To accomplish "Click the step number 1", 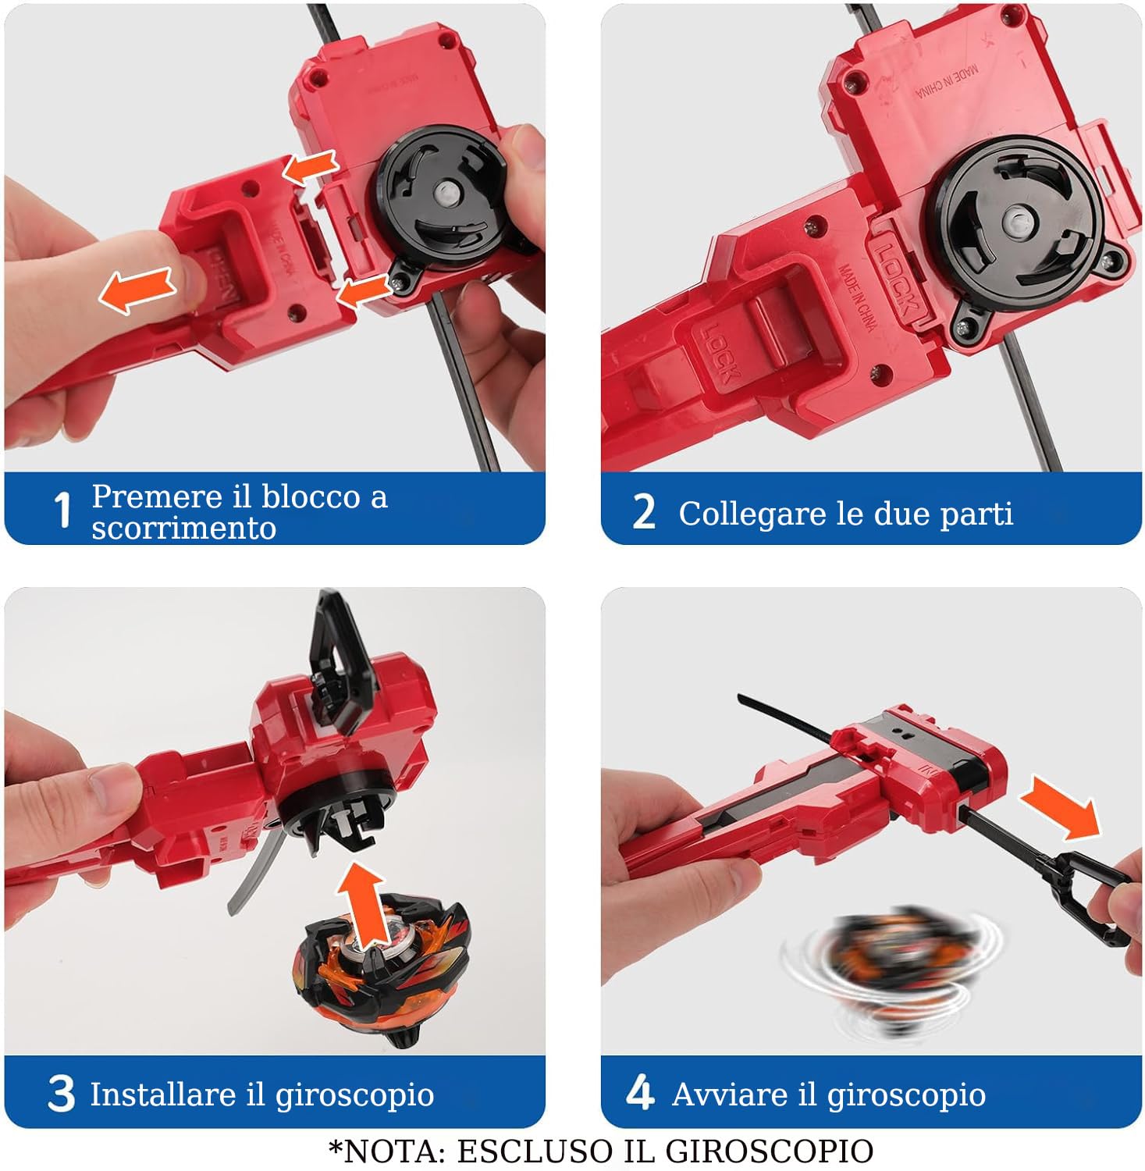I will [62, 511].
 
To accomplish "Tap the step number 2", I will [643, 512].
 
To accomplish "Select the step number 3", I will [61, 1093].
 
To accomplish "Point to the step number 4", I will [639, 1091].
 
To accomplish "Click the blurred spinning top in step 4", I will [890, 968].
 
